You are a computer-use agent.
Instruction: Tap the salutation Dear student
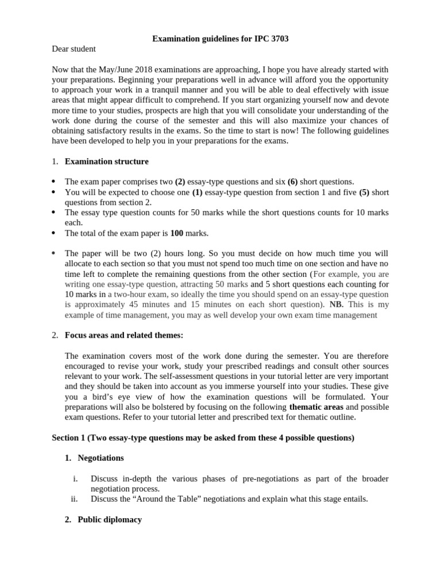[73, 49]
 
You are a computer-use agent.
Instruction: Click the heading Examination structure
[107, 162]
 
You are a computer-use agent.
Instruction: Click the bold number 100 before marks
[177, 233]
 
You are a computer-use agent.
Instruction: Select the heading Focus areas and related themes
[124, 335]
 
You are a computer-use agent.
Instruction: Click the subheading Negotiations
[100, 458]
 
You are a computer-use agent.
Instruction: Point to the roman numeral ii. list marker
[74, 499]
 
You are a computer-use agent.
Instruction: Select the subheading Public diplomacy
[110, 519]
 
